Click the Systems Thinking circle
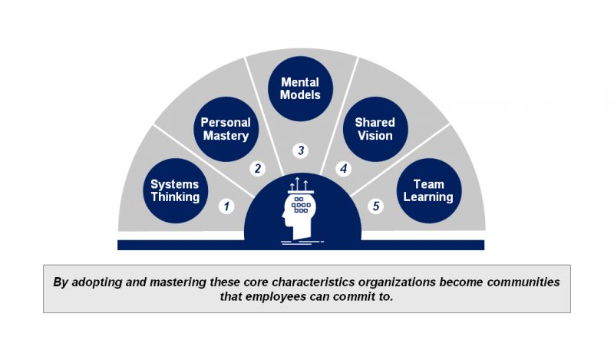click(x=175, y=191)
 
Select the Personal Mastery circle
click(x=226, y=129)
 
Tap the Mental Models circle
click(x=300, y=88)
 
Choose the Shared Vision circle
click(x=375, y=129)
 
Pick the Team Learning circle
click(x=429, y=191)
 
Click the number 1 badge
click(x=226, y=206)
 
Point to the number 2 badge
click(x=258, y=169)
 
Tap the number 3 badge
click(x=301, y=150)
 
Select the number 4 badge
click(x=343, y=169)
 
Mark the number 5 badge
click(x=375, y=206)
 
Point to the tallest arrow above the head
click(x=298, y=183)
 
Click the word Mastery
click(x=226, y=136)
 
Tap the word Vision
click(x=375, y=136)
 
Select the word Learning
click(x=428, y=197)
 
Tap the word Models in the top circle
click(x=300, y=95)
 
